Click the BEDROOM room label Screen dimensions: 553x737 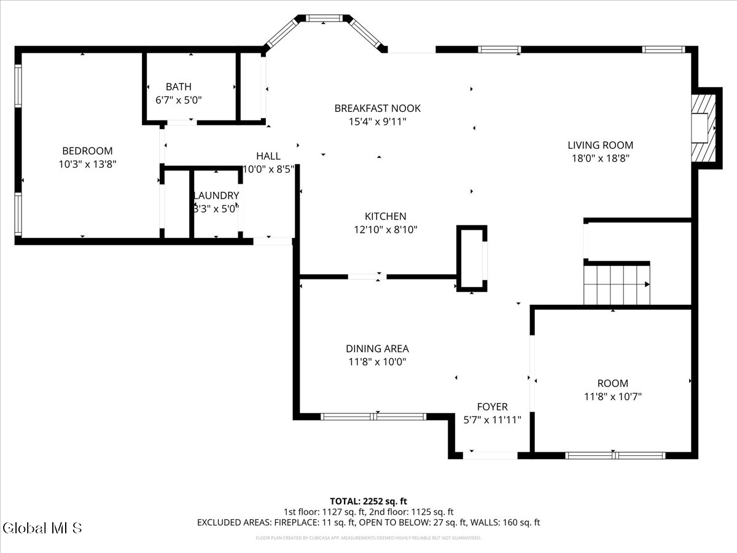tap(87, 151)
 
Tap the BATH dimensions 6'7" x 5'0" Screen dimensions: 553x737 tap(178, 100)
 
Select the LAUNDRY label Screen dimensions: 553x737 tap(216, 195)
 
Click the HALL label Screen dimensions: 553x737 tap(268, 156)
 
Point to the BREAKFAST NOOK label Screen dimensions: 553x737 tap(377, 108)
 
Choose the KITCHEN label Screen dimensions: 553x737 tap(385, 216)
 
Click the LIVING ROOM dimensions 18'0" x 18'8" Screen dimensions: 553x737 tap(600, 158)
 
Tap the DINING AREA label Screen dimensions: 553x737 tap(377, 348)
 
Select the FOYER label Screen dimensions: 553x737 tap(492, 407)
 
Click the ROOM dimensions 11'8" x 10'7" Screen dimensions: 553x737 tap(612, 397)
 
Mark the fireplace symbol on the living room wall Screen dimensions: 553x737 tap(704, 128)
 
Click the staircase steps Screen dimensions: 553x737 tap(616, 284)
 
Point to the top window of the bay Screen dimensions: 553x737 tap(324, 19)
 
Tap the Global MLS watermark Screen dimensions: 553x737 tap(42, 527)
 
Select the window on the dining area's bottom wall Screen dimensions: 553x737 tap(373, 417)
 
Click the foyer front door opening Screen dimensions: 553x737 tap(490, 455)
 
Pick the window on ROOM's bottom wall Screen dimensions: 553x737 tap(615, 455)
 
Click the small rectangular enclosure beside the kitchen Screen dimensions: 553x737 tap(472, 258)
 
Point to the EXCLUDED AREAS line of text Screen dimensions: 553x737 tap(368, 523)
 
